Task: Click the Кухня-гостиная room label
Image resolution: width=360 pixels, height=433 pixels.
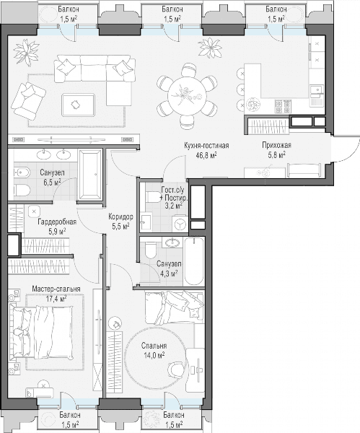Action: [x=206, y=145]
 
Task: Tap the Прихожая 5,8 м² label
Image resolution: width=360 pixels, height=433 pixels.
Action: [x=276, y=150]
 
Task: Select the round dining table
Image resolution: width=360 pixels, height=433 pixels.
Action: [x=187, y=95]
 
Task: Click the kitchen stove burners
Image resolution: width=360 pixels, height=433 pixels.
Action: [x=283, y=107]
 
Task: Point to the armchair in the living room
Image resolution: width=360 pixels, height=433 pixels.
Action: [x=28, y=100]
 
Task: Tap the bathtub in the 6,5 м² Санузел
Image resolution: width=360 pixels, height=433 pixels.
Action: [x=91, y=175]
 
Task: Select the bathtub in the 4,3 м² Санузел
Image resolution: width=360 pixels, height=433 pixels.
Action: [x=194, y=261]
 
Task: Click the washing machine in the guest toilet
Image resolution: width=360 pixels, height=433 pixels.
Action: [x=180, y=224]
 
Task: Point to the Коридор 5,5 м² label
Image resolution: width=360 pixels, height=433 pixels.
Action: [x=120, y=222]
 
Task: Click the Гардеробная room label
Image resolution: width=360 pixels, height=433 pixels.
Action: [x=57, y=222]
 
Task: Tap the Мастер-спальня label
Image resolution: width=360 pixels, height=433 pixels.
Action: [x=56, y=289]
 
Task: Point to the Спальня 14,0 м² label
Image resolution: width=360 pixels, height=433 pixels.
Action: [x=154, y=350]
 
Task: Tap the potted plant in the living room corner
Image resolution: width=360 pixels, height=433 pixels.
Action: [x=27, y=52]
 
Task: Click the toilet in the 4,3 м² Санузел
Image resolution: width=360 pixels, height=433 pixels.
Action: [x=151, y=250]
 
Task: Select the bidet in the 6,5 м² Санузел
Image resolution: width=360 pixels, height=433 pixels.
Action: [x=22, y=173]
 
